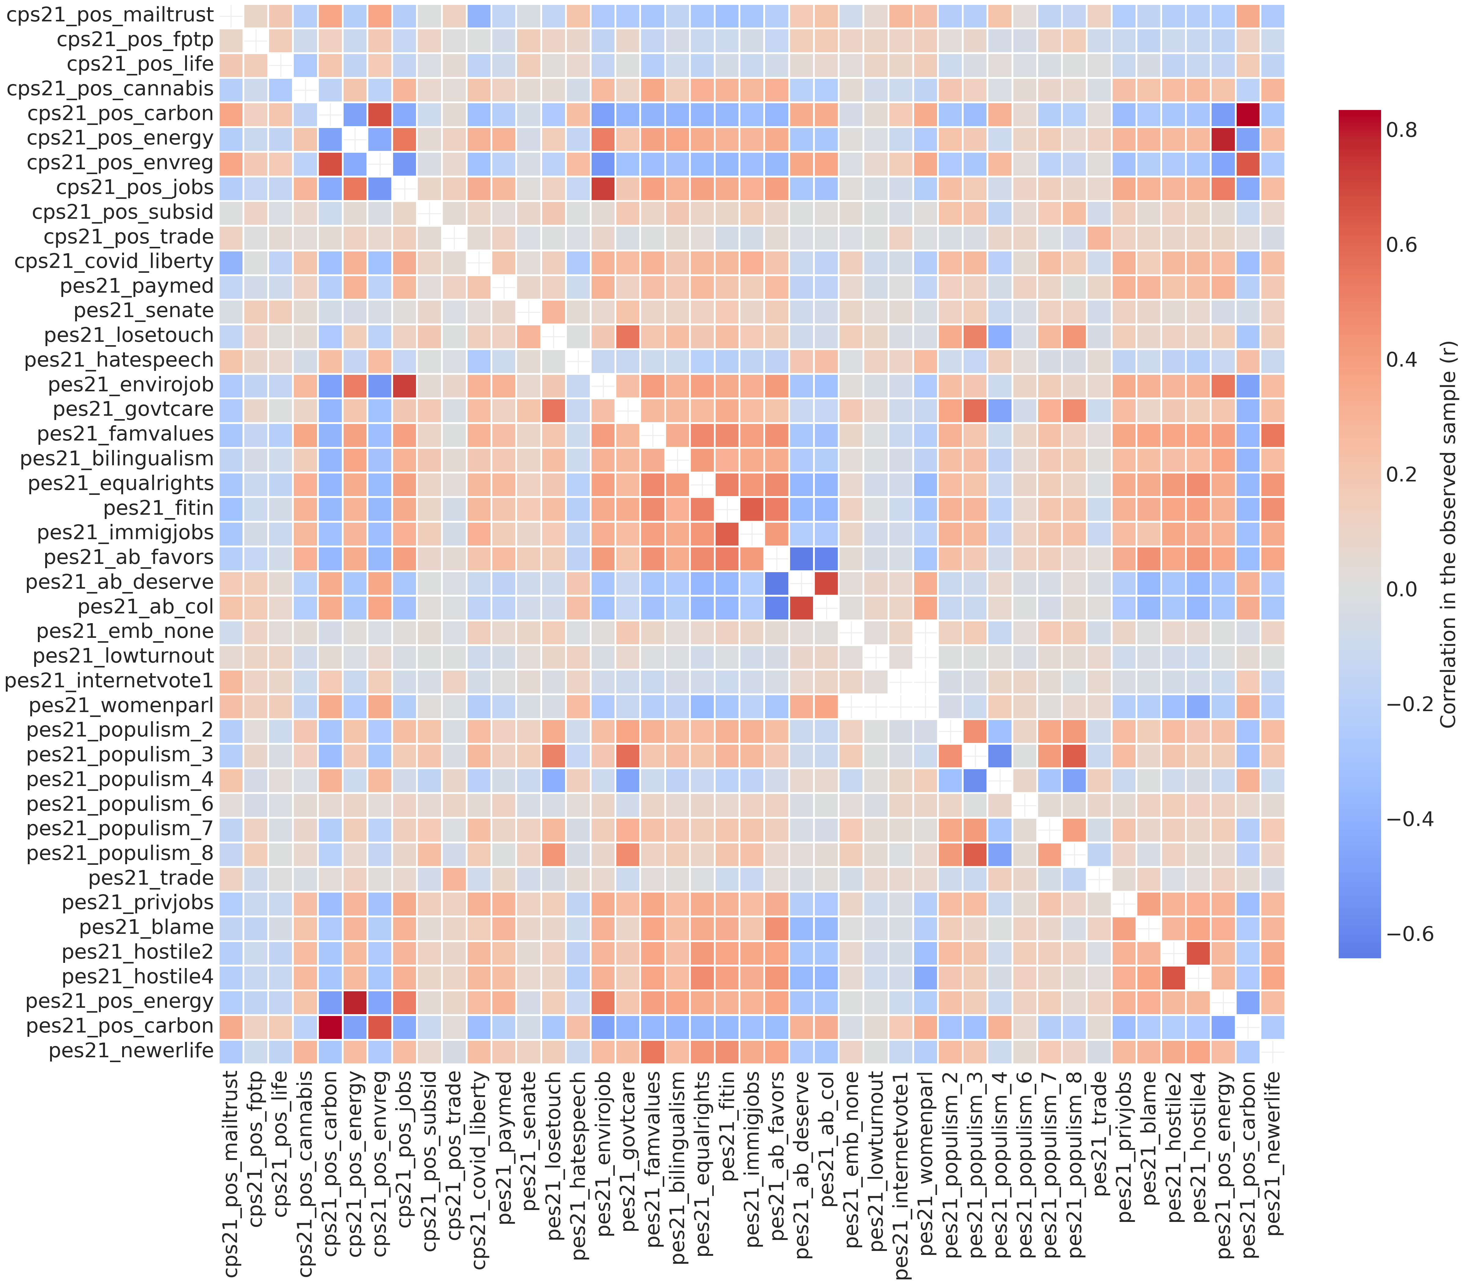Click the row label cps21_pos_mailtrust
(x=110, y=15)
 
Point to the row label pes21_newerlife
(x=131, y=1050)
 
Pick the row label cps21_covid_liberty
(x=114, y=261)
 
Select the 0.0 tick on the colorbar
(x=1401, y=589)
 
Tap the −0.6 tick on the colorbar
(x=1409, y=934)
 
